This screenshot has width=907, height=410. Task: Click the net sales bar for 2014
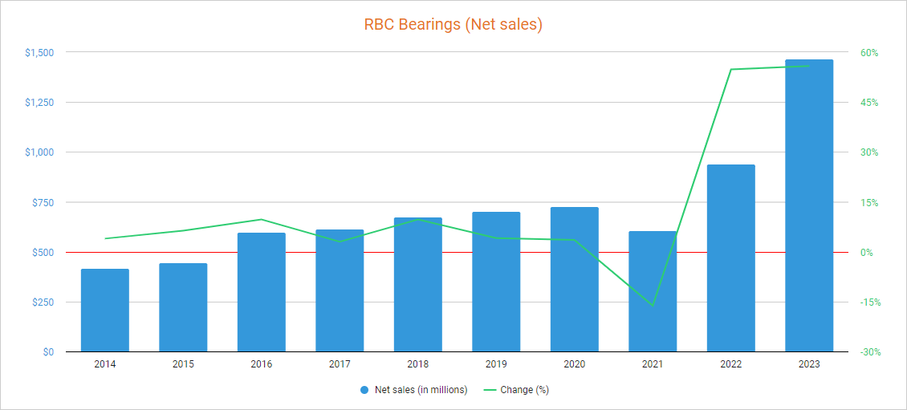coord(105,311)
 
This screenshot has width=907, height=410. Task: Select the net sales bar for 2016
coord(262,293)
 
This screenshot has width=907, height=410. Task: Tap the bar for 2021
coord(653,292)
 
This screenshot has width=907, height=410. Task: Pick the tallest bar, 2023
coord(809,205)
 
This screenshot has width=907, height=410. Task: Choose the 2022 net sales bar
coord(731,258)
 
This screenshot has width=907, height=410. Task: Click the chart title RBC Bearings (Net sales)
coord(453,25)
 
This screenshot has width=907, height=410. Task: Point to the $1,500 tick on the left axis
coord(39,53)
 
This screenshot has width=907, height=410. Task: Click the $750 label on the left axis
coord(42,202)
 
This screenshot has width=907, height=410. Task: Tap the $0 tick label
coord(48,352)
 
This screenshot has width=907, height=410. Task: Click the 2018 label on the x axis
coord(417,364)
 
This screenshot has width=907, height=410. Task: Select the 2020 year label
coord(574,364)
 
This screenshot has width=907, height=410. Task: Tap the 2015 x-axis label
coord(183,364)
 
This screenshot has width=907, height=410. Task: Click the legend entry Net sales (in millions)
coord(421,391)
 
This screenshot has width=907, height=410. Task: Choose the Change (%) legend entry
coord(524,391)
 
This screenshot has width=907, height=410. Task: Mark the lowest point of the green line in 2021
coord(653,306)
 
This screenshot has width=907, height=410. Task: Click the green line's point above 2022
coord(731,70)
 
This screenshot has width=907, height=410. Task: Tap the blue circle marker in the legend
coord(365,391)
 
